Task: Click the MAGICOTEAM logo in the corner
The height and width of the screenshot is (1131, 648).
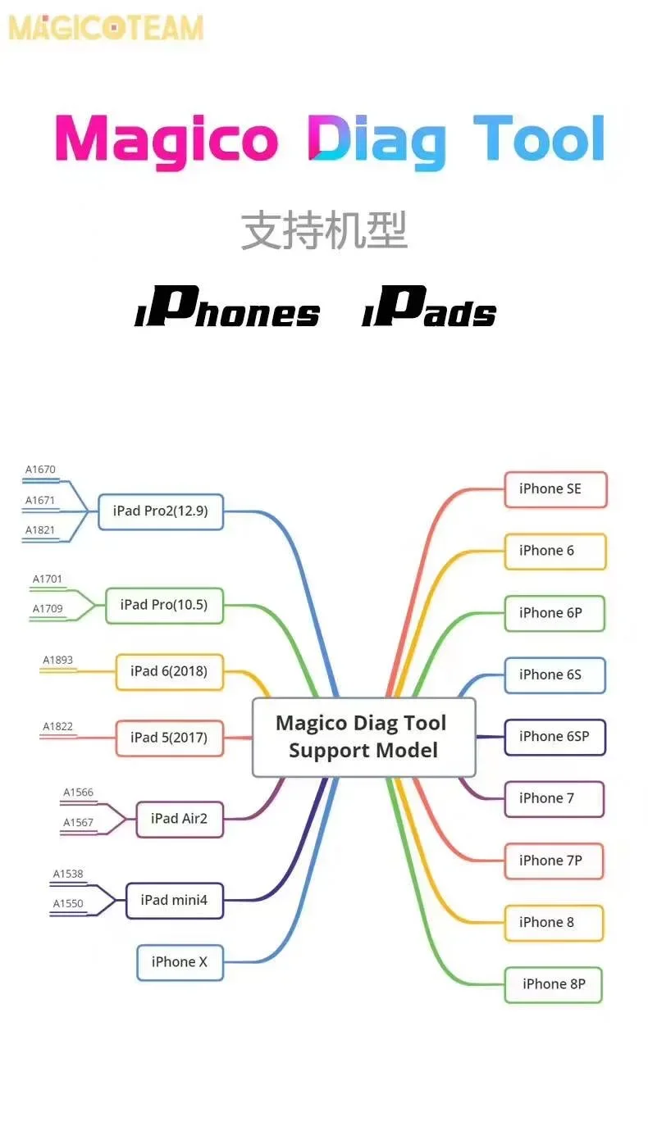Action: point(105,27)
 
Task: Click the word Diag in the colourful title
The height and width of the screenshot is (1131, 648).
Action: point(376,140)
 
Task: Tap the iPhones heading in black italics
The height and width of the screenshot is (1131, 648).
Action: point(227,308)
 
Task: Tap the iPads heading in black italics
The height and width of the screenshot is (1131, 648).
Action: point(429,308)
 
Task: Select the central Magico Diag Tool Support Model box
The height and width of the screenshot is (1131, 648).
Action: point(363,737)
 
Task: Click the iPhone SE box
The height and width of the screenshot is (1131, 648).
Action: point(555,489)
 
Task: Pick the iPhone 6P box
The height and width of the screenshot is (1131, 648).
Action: point(554,613)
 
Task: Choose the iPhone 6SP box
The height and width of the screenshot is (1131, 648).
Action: point(554,737)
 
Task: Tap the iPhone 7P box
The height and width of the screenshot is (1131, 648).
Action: point(554,861)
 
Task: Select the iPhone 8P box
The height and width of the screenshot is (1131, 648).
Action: point(554,984)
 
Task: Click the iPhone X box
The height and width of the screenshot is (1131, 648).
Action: point(180,962)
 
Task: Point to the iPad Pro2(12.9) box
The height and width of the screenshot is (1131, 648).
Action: point(161,511)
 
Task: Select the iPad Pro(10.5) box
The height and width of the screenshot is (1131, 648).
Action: point(164,605)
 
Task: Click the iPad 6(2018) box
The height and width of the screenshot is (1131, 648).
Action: point(169,671)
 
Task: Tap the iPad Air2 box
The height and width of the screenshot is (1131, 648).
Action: point(180,819)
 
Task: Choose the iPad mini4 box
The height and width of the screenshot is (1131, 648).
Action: point(174,900)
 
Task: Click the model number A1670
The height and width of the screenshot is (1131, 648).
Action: point(40,470)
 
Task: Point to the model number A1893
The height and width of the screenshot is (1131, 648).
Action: point(57,660)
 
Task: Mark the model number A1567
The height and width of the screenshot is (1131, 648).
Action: point(78,823)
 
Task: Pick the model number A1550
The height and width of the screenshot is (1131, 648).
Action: point(68,904)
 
